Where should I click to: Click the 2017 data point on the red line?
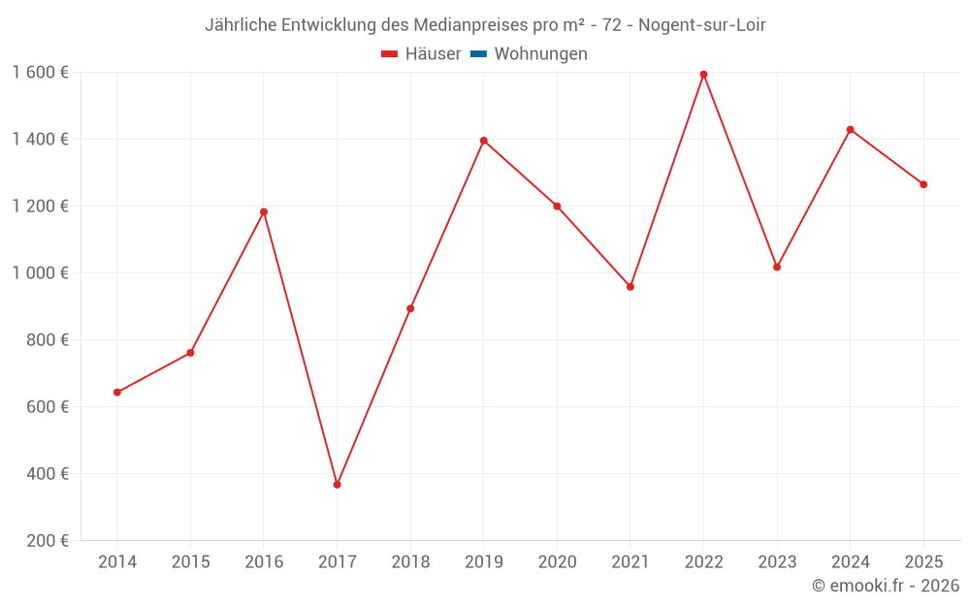[337, 484]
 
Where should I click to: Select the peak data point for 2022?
[703, 75]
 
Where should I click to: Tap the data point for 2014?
[117, 393]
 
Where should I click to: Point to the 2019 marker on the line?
[483, 141]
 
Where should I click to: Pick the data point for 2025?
[923, 184]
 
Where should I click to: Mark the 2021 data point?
[630, 287]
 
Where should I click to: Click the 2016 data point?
[264, 212]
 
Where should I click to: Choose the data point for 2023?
[777, 267]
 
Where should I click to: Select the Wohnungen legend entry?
[540, 54]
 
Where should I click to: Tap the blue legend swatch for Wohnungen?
[478, 54]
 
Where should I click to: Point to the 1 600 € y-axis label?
[40, 73]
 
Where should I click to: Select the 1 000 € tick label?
[40, 273]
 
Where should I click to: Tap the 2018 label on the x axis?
[410, 562]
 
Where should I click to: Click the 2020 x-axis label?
[557, 562]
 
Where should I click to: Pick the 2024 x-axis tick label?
[850, 562]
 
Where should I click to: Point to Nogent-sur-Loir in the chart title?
[702, 25]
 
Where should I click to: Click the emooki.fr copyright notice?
[885, 586]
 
